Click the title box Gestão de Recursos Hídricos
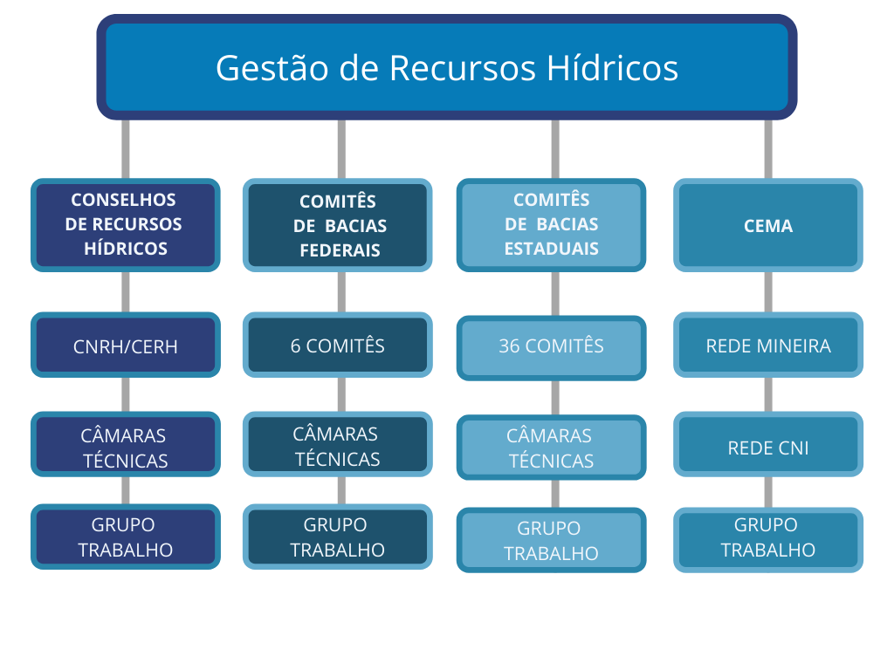[x=447, y=67]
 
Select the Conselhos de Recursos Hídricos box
[x=126, y=225]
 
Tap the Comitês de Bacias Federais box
[x=338, y=225]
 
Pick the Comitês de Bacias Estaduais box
[x=551, y=225]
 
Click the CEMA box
[x=768, y=225]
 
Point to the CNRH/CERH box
[x=126, y=345]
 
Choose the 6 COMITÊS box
[x=338, y=345]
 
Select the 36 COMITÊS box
[x=551, y=347]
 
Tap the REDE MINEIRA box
[x=768, y=345]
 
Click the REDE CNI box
[x=768, y=447]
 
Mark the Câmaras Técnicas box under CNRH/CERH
[x=126, y=446]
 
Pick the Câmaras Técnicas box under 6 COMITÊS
[x=338, y=445]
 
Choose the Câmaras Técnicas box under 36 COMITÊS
[x=551, y=448]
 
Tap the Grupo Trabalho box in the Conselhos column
[x=126, y=537]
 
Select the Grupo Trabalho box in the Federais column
[x=338, y=537]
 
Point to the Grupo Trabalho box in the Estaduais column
[x=551, y=540]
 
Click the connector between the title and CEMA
[x=768, y=148]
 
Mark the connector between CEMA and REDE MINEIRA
[x=768, y=291]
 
